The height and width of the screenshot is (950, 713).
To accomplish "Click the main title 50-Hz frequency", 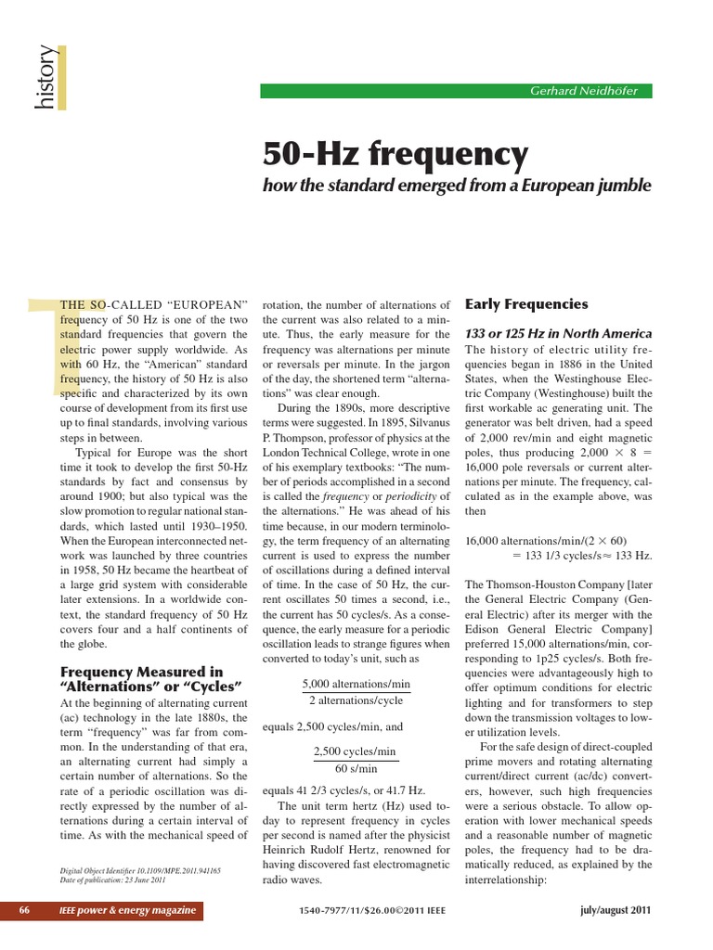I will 395,153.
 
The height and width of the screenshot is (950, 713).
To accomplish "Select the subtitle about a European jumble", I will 457,186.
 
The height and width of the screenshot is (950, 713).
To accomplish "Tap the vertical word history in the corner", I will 44,78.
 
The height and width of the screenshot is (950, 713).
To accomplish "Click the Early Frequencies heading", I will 525,303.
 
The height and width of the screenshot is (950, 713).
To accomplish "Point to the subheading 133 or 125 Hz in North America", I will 558,333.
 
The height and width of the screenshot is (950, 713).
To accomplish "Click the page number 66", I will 25,910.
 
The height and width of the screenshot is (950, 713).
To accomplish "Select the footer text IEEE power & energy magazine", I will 127,910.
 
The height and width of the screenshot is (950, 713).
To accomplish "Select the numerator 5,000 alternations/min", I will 356,684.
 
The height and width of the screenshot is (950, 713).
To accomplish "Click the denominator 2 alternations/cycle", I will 356,700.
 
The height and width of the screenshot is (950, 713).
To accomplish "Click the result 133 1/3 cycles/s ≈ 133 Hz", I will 582,555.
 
